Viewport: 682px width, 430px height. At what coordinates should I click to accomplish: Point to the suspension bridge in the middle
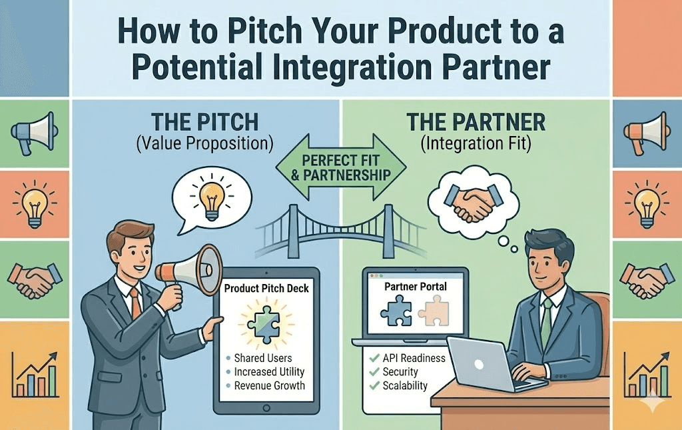341,230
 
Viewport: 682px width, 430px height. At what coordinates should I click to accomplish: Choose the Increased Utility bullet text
270,372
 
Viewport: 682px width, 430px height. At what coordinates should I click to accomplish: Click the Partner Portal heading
416,286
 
